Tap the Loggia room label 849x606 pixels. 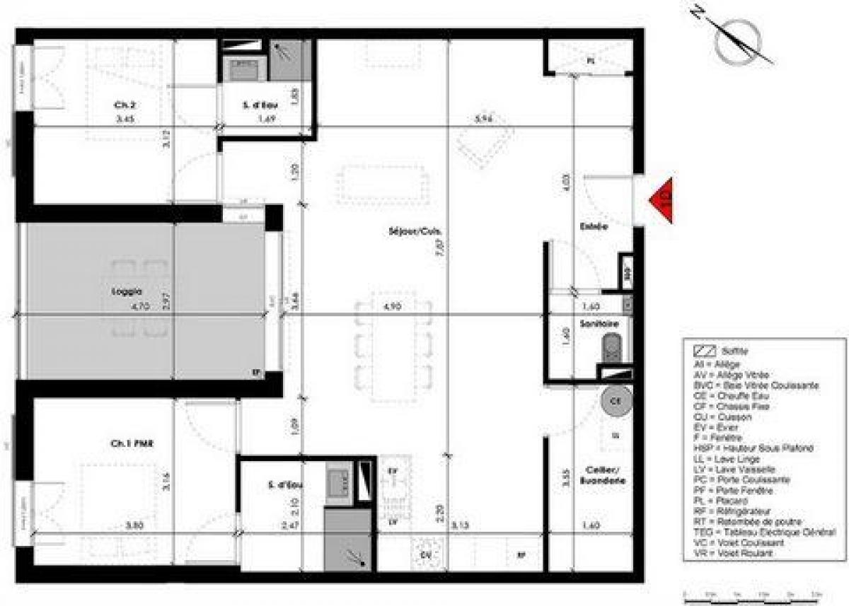[127, 291]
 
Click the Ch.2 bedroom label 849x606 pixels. [125, 105]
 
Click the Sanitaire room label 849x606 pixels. [595, 323]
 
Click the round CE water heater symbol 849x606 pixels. [615, 401]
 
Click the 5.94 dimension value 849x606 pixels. [484, 119]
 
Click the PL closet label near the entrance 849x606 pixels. [591, 62]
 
